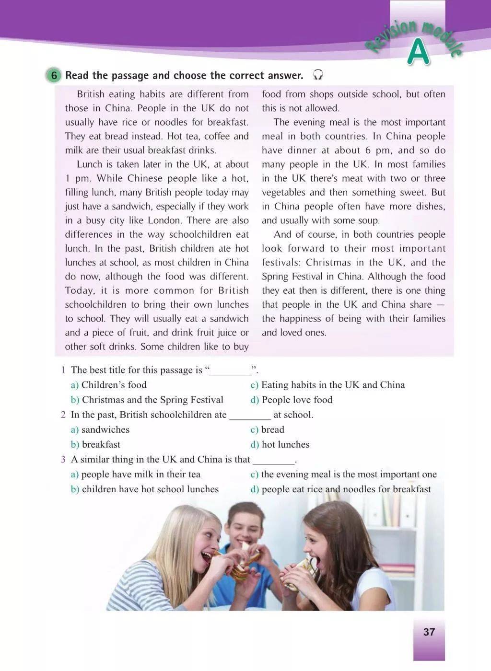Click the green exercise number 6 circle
(x=54, y=75)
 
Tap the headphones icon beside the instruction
(x=317, y=75)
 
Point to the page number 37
(x=429, y=632)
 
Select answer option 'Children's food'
(x=114, y=385)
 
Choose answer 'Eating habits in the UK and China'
(x=333, y=385)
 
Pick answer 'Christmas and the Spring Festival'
(x=152, y=400)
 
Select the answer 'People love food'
(x=297, y=400)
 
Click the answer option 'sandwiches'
(x=105, y=429)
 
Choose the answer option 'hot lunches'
(x=285, y=444)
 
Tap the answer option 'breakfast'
(x=101, y=444)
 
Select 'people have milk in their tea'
(x=140, y=474)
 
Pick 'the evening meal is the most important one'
(x=349, y=474)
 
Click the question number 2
(x=63, y=415)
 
